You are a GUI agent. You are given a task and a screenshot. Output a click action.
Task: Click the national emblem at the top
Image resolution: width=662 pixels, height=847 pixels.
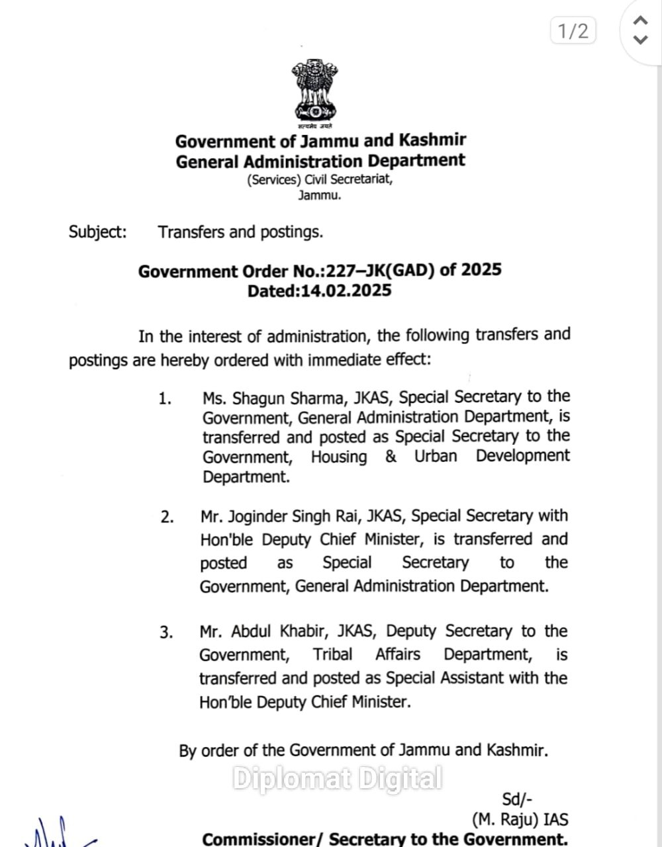pos(315,93)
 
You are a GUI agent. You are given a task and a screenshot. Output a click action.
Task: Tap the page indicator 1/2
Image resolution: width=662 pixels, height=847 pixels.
pos(573,30)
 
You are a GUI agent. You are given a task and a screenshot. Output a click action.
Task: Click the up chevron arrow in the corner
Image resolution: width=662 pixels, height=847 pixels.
pos(640,21)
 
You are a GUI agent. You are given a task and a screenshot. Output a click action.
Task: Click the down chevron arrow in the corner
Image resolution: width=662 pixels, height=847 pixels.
pos(640,40)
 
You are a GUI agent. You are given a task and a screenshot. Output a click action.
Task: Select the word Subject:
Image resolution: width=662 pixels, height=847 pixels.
pos(97,232)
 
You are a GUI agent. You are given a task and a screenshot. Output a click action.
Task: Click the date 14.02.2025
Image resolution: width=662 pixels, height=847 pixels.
pos(346,291)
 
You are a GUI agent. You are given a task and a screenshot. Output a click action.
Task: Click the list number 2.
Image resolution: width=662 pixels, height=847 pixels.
pos(167,517)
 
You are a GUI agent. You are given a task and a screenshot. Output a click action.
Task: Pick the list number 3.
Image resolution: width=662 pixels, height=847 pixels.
pos(166,633)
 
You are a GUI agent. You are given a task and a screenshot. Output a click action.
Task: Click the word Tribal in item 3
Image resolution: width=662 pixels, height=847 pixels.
pos(332,655)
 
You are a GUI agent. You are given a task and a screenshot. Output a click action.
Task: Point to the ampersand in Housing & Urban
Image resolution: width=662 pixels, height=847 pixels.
pos(391,457)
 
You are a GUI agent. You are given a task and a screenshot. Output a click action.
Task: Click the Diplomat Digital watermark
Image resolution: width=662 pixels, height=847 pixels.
pos(337,778)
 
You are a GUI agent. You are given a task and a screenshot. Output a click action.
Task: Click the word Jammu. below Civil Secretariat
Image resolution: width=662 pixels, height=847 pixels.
pos(319,195)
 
